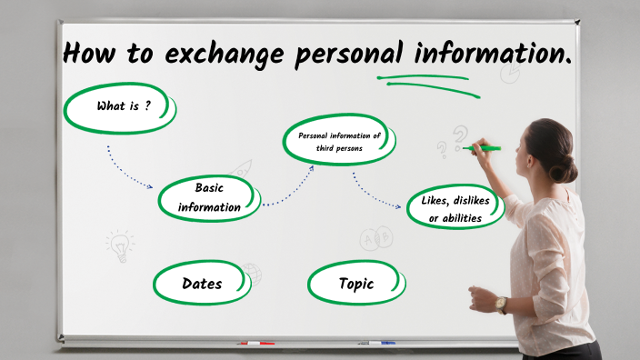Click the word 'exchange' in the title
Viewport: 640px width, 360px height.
click(215, 55)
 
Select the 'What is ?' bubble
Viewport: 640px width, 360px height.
click(119, 107)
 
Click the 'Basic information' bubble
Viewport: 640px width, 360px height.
click(209, 197)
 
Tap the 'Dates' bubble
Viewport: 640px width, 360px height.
click(202, 284)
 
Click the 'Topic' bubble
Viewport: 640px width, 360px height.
click(355, 284)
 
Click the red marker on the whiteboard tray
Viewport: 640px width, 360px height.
click(255, 344)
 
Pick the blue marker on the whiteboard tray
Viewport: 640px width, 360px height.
click(381, 344)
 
